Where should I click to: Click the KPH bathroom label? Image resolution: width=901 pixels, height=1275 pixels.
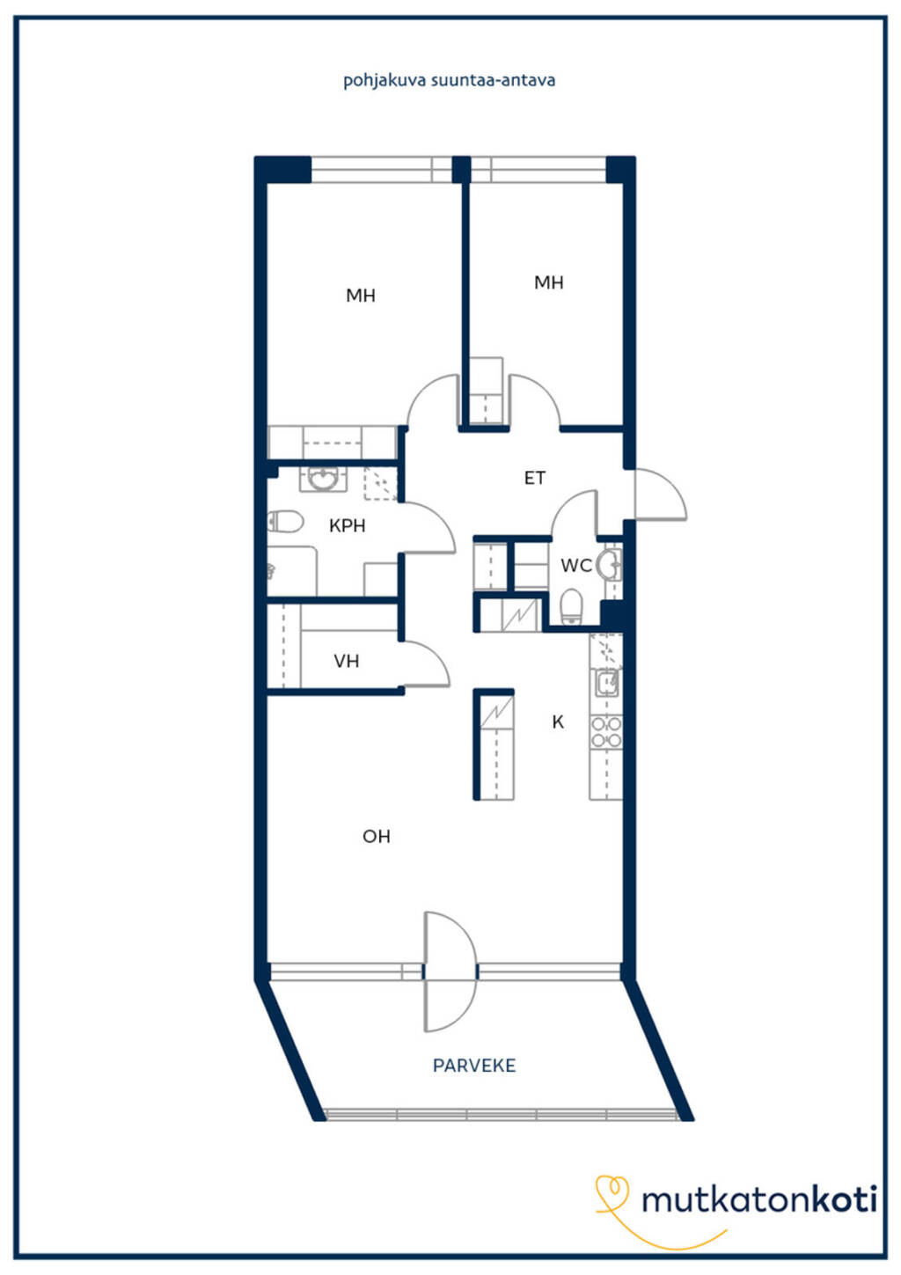pyautogui.click(x=348, y=525)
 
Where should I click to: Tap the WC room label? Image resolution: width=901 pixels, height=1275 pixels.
pyautogui.click(x=576, y=565)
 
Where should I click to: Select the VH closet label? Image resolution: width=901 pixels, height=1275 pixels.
pyautogui.click(x=346, y=661)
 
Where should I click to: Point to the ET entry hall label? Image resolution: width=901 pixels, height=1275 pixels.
pyautogui.click(x=534, y=478)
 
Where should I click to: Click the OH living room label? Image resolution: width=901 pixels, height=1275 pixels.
pyautogui.click(x=377, y=836)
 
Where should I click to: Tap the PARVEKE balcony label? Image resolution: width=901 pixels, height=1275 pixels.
pyautogui.click(x=474, y=1066)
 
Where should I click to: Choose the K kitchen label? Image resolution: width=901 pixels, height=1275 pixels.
pyautogui.click(x=558, y=722)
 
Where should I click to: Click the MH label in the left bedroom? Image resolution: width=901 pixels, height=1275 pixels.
pyautogui.click(x=360, y=295)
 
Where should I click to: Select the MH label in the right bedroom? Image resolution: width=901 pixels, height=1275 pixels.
pyautogui.click(x=549, y=282)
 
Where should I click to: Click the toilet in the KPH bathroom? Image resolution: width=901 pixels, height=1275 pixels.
pyautogui.click(x=285, y=522)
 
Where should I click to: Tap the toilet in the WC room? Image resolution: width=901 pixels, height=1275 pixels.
pyautogui.click(x=571, y=606)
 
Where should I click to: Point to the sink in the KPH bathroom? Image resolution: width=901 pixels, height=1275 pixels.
pyautogui.click(x=323, y=479)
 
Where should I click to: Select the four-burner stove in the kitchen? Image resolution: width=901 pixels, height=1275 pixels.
pyautogui.click(x=606, y=732)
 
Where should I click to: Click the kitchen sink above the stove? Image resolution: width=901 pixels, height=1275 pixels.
pyautogui.click(x=607, y=683)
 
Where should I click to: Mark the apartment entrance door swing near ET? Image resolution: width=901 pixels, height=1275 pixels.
pyautogui.click(x=660, y=495)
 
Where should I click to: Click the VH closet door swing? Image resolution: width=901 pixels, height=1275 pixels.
pyautogui.click(x=427, y=663)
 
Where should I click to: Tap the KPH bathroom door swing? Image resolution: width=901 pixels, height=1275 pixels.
pyautogui.click(x=429, y=528)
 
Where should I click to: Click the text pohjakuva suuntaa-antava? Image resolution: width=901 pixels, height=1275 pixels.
pyautogui.click(x=449, y=80)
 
